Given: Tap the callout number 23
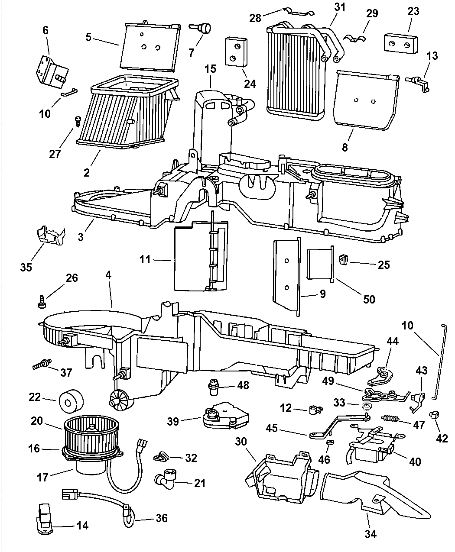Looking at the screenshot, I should (414, 11).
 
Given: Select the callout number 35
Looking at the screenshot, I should (26, 267).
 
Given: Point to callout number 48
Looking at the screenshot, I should (243, 384).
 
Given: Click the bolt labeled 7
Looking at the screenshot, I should (203, 29).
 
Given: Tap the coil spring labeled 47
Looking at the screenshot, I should (391, 419).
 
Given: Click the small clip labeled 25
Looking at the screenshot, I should (344, 259).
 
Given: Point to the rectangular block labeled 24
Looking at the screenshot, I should (236, 52).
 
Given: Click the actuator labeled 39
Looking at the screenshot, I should (225, 414).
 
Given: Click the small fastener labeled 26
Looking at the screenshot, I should (42, 302).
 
